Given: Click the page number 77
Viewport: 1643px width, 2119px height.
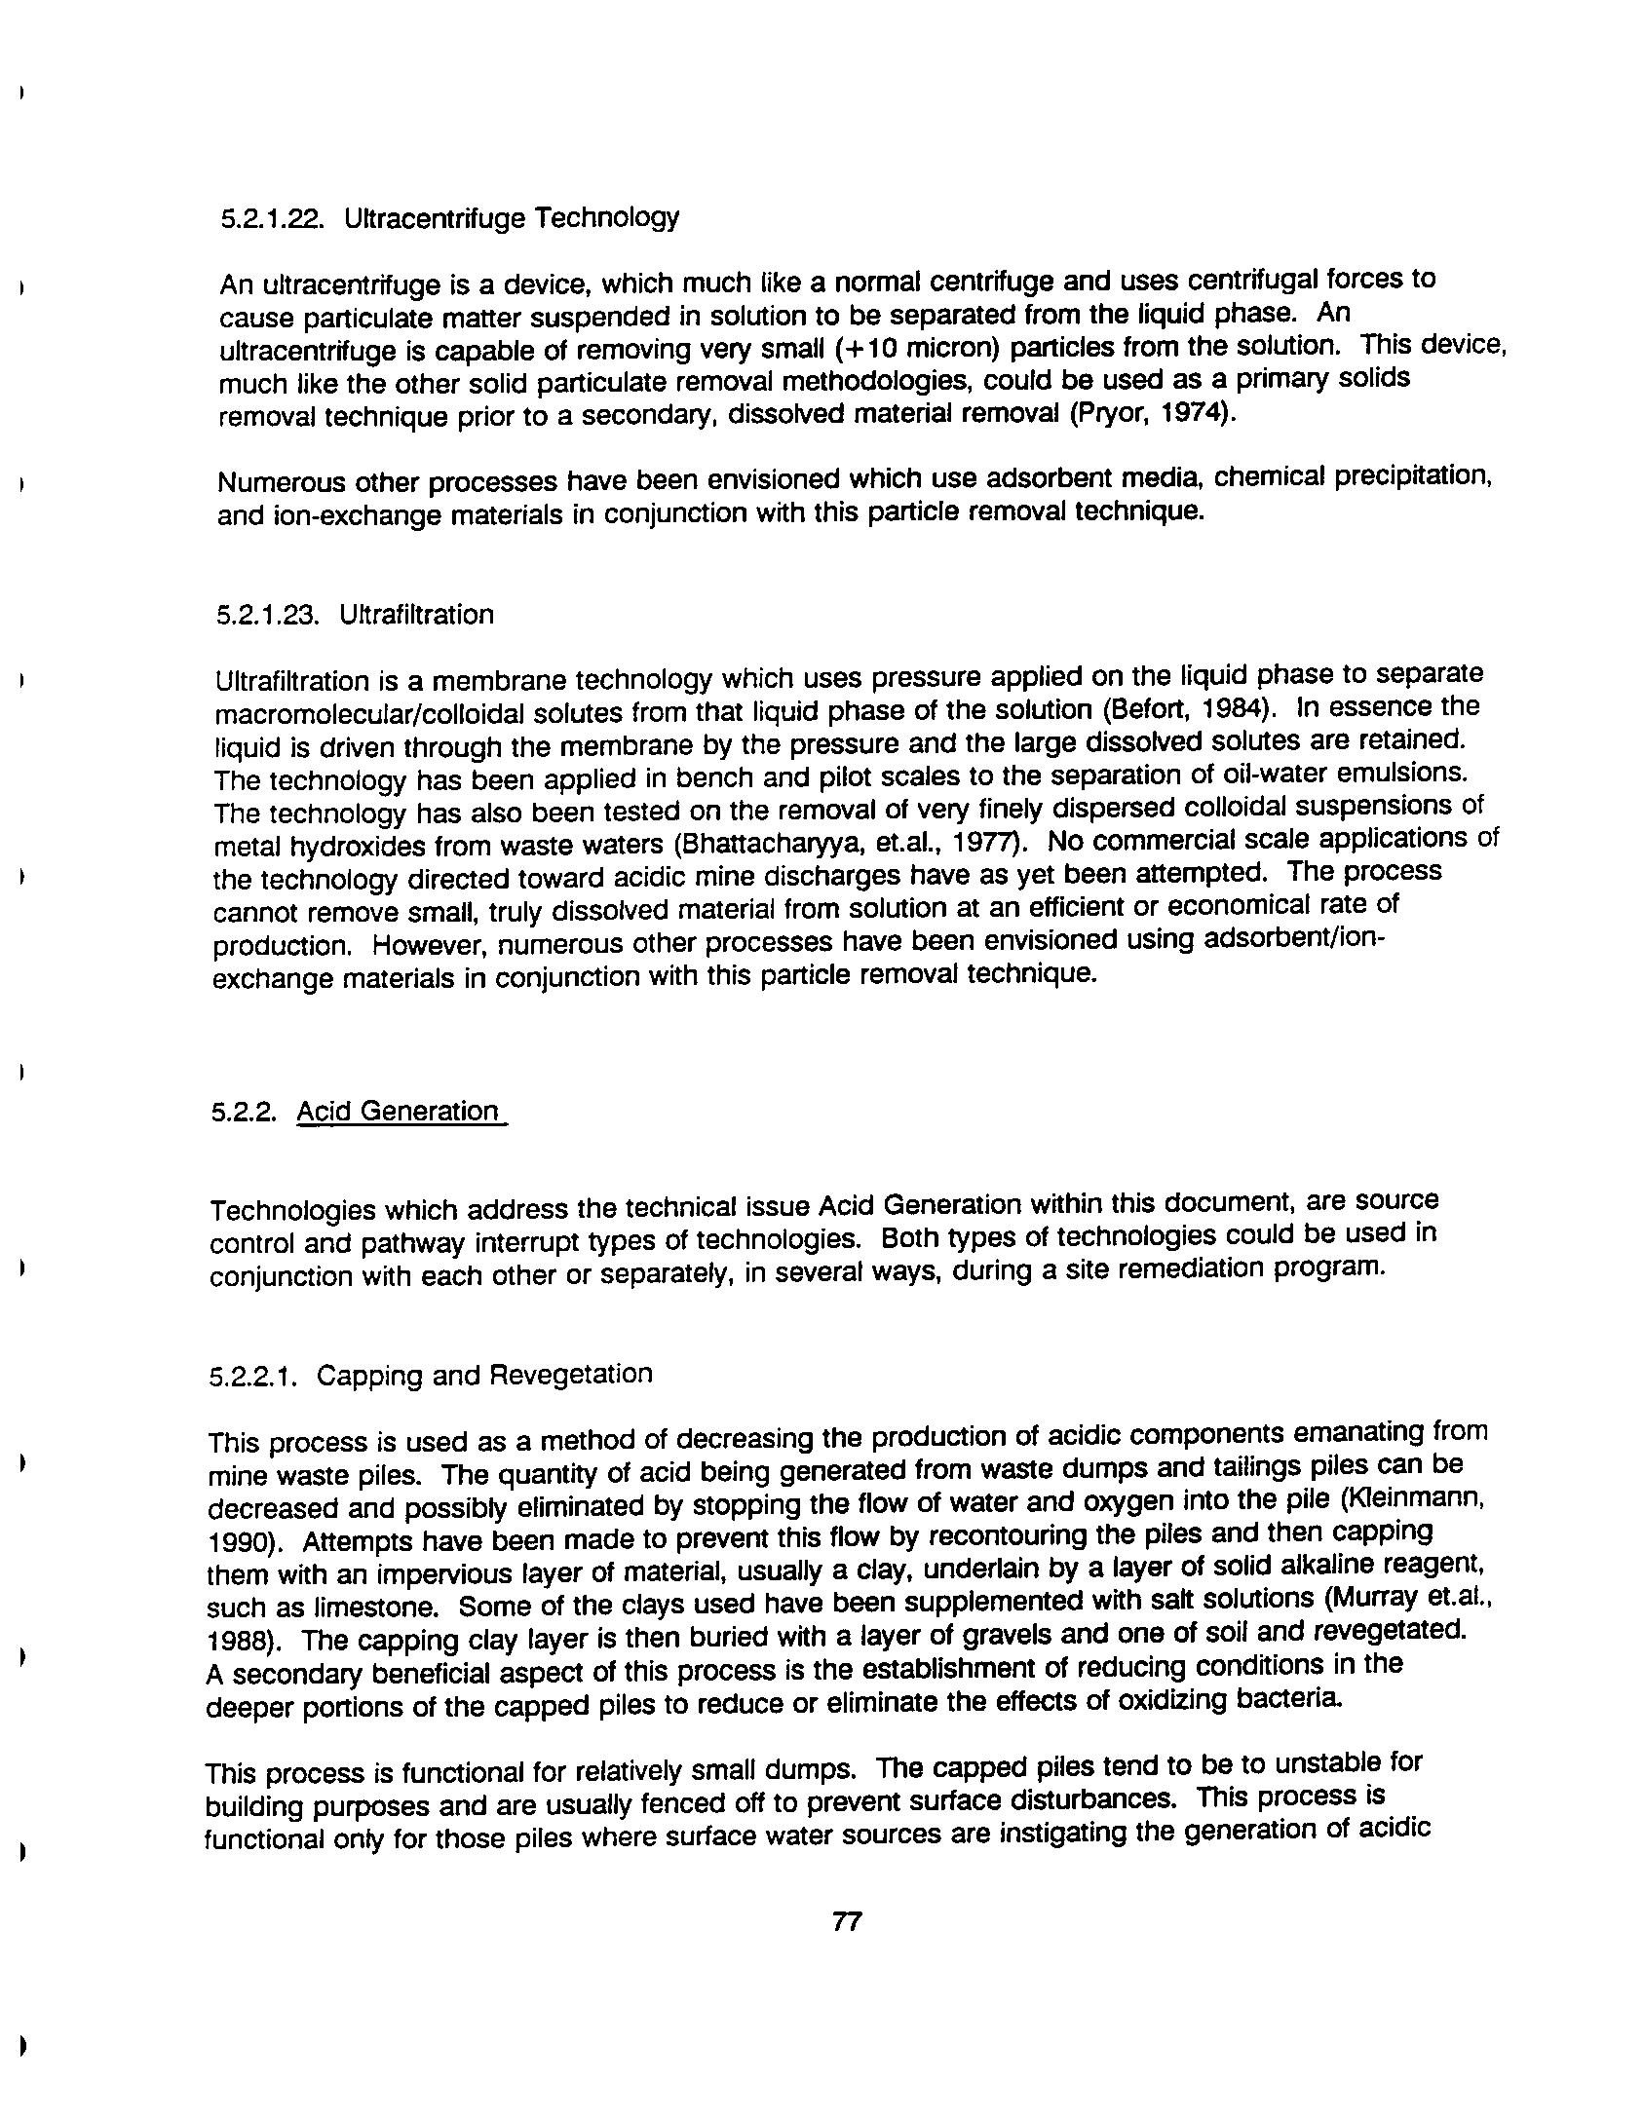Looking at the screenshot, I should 847,1921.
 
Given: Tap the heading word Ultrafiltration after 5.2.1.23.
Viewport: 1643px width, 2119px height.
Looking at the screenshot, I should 416,616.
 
